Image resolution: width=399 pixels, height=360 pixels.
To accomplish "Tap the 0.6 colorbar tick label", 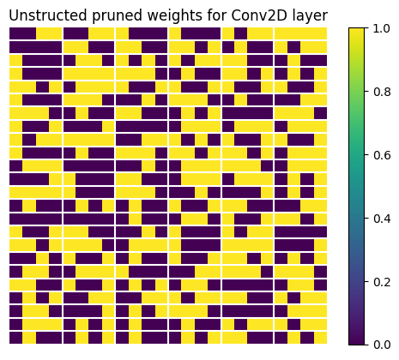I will [384, 153].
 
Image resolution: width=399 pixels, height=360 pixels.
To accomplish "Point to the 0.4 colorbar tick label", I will [384, 217].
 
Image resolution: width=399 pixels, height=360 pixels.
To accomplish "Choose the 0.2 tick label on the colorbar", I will [384, 280].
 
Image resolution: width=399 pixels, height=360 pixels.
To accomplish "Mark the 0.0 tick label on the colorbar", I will [384, 344].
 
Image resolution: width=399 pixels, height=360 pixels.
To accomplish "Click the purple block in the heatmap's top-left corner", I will [22, 33].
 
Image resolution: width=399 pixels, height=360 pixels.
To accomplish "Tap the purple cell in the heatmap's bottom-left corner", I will [15, 337].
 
